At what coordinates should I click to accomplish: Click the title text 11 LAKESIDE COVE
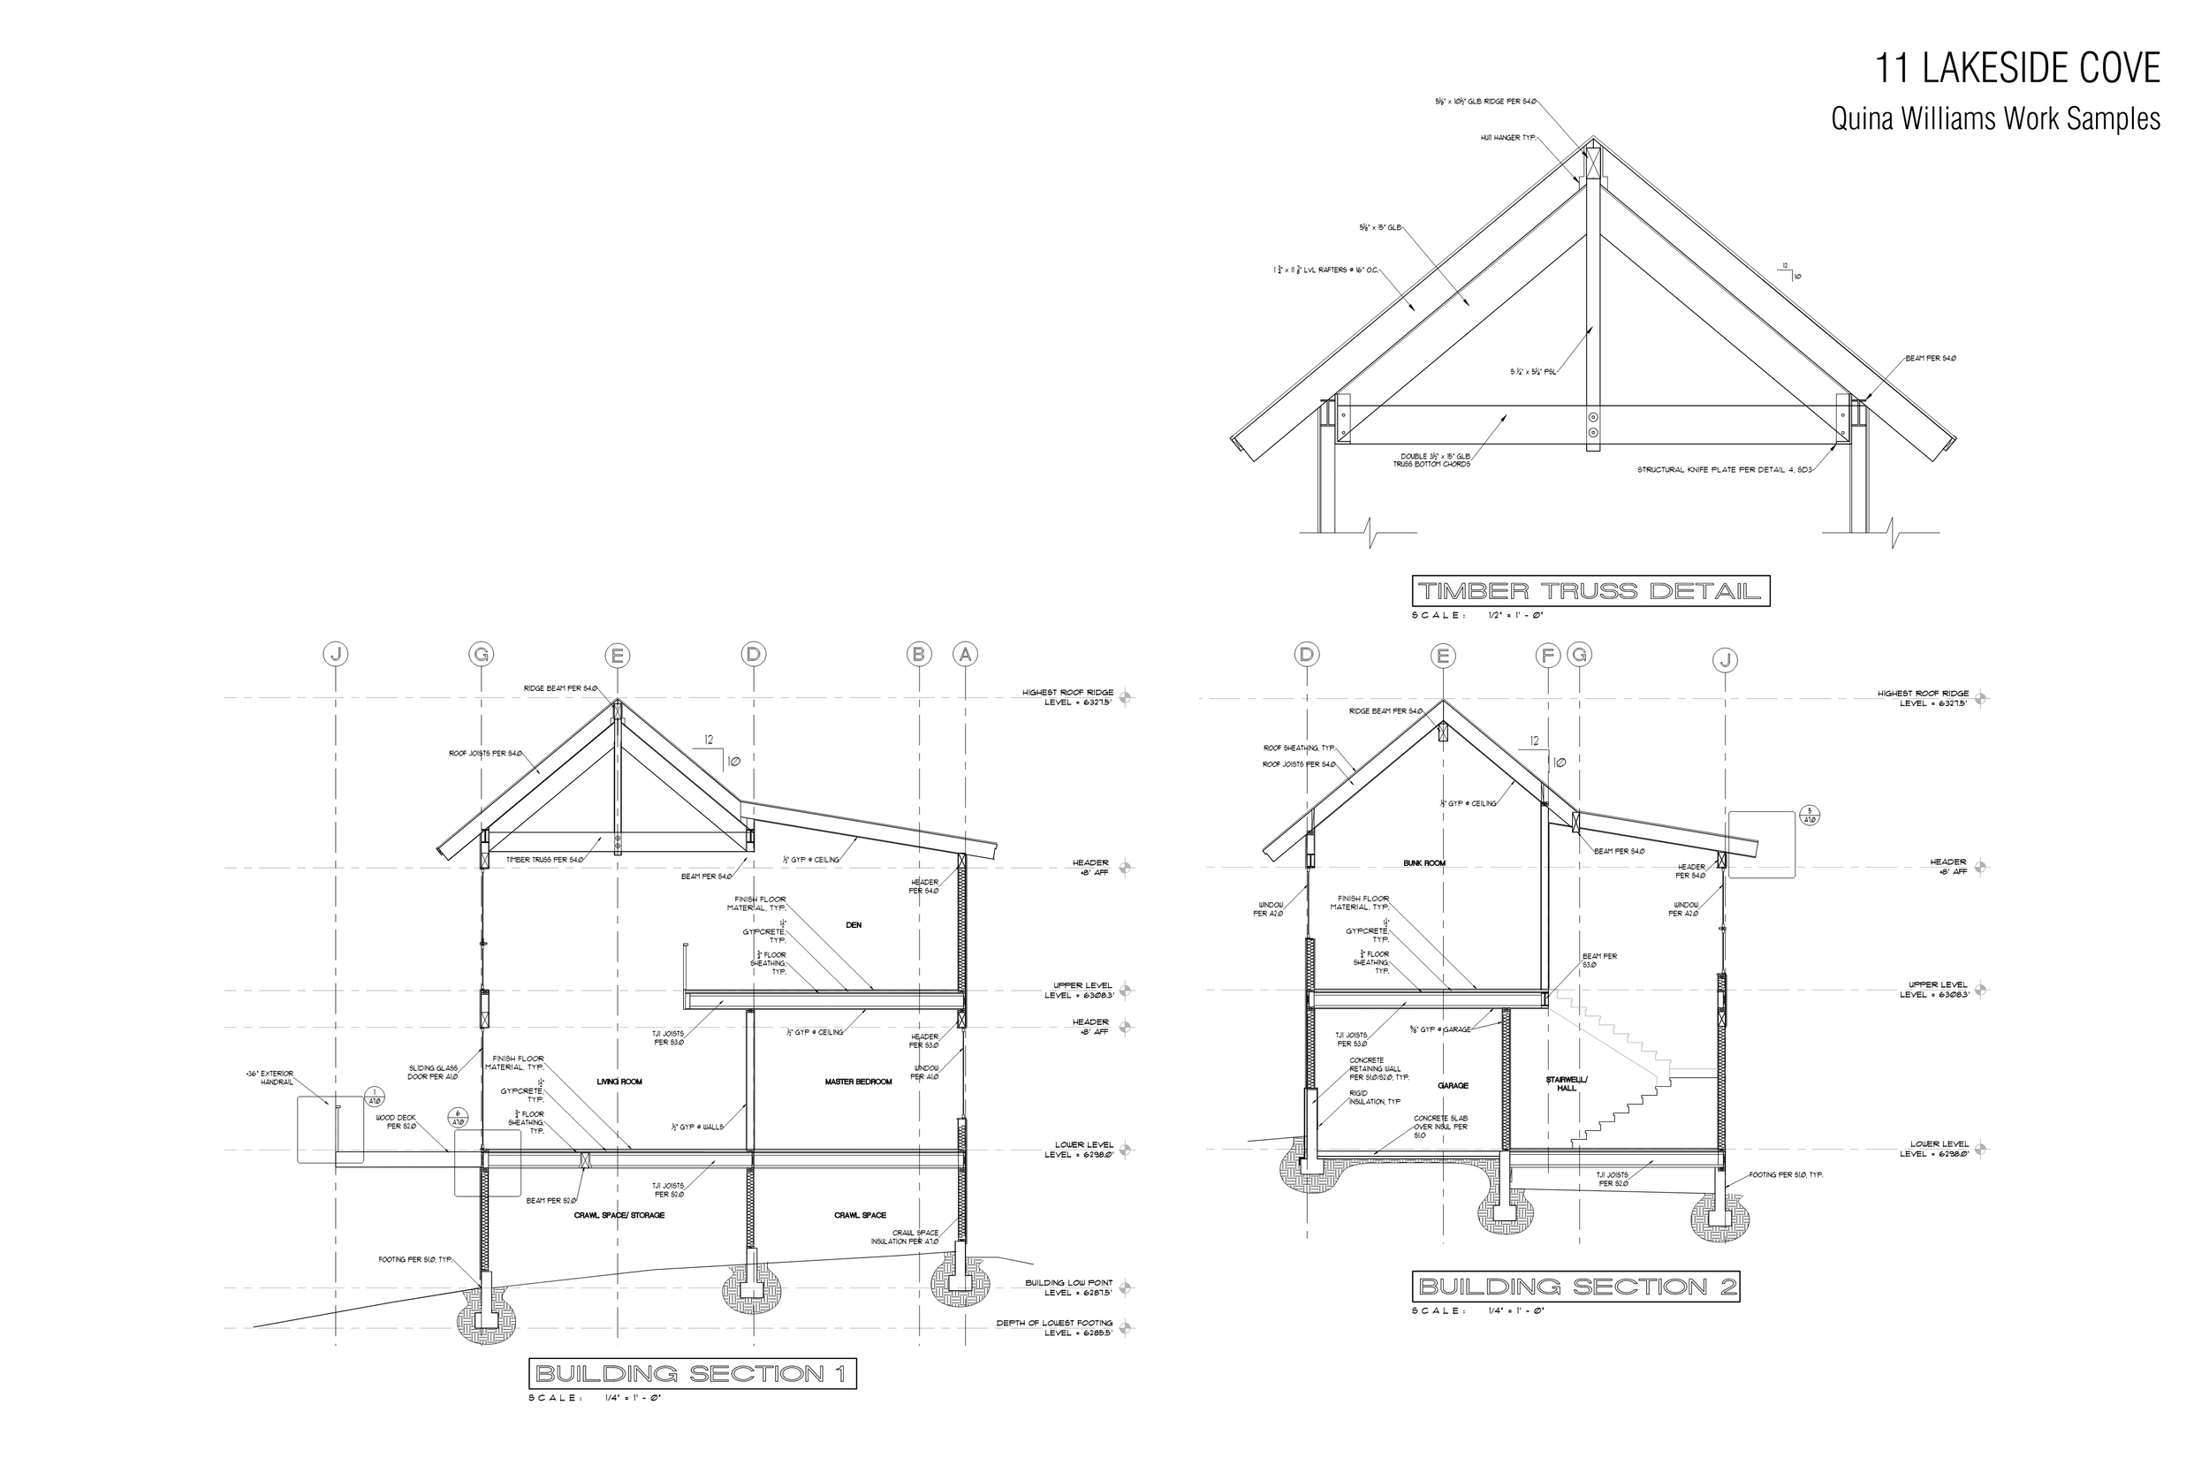(2017, 69)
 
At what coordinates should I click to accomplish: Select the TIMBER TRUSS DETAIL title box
(1590, 591)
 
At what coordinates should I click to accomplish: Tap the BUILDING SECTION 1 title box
(692, 1373)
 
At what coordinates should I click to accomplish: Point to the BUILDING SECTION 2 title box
(1575, 1286)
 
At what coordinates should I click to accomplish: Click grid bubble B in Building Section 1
(919, 654)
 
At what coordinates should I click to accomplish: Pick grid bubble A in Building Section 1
(965, 654)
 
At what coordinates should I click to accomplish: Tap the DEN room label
(853, 925)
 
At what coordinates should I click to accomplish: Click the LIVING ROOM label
(619, 1082)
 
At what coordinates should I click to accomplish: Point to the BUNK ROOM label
(1423, 862)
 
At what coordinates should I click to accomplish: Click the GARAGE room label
(1452, 1085)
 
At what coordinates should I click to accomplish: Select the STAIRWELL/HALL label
(1567, 1083)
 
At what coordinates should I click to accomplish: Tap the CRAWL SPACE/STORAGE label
(619, 1215)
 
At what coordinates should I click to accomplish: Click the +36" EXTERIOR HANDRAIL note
(269, 1077)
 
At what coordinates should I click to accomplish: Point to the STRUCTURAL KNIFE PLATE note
(1723, 470)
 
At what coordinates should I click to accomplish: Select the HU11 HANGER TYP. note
(1507, 138)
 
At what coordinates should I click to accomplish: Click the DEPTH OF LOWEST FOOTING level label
(1054, 1327)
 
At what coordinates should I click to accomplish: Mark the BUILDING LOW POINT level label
(1068, 1287)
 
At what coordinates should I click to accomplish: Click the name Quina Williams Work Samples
(1995, 119)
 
